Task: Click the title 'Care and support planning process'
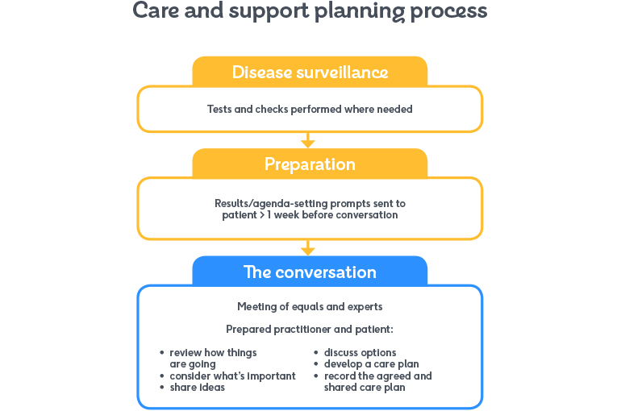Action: click(x=310, y=11)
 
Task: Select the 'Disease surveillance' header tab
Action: click(x=310, y=73)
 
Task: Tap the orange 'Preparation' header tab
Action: click(x=310, y=164)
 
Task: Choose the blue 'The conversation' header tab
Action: click(x=310, y=272)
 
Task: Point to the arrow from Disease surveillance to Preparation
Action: click(x=307, y=142)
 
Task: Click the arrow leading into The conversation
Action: click(x=307, y=248)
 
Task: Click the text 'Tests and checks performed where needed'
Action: click(x=310, y=109)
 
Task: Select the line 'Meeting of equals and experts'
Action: click(x=310, y=306)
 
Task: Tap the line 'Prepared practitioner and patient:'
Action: click(x=310, y=329)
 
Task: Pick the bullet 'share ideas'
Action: click(x=197, y=388)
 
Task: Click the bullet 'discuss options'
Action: click(x=360, y=352)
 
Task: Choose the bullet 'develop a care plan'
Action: click(x=371, y=364)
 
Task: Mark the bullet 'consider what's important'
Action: click(x=232, y=376)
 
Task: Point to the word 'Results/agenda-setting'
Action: click(x=267, y=203)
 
